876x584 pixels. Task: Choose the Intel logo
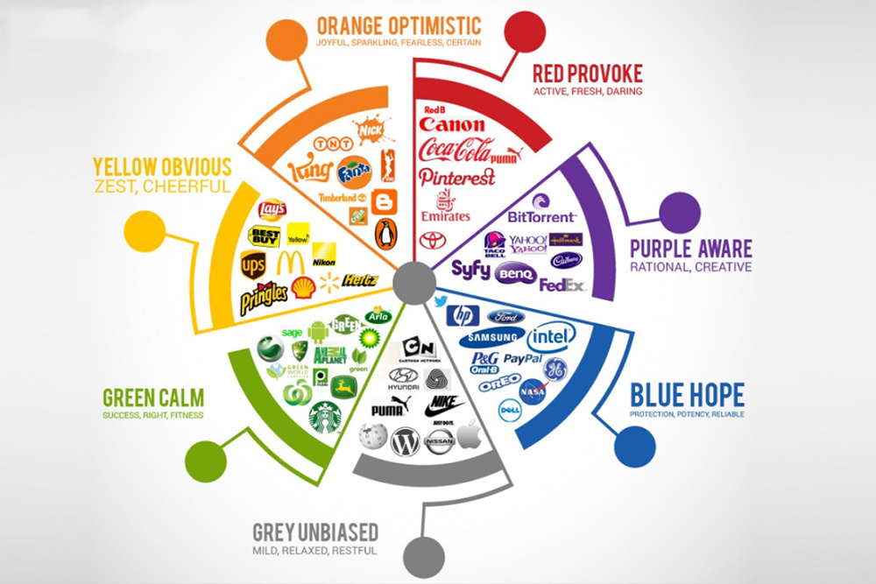(551, 336)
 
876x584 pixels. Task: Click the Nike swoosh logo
(444, 406)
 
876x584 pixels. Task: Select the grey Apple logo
(469, 435)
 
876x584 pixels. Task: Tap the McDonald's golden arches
(291, 262)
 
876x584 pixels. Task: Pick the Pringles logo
(264, 298)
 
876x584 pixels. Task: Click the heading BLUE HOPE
(687, 393)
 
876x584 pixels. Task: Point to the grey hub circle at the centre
(413, 284)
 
